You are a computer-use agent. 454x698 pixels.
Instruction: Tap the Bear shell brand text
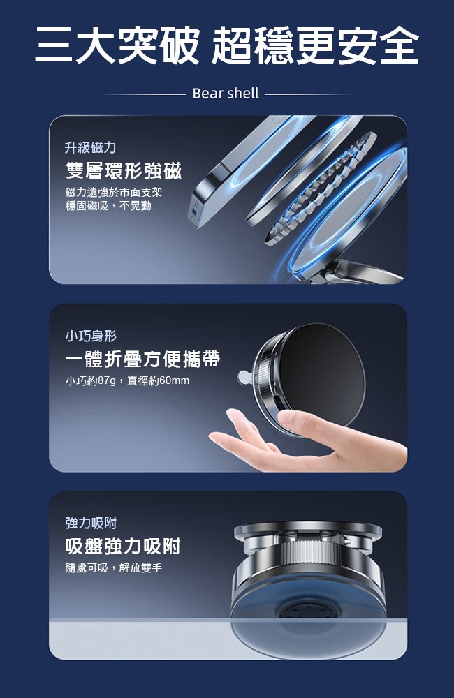point(225,93)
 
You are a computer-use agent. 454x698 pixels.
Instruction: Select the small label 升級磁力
point(90,147)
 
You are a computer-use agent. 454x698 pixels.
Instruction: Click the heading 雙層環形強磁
point(123,170)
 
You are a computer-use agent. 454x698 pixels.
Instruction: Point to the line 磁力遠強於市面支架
point(113,192)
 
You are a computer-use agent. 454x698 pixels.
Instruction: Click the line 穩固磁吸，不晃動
point(108,206)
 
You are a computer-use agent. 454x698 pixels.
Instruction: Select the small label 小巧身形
point(90,336)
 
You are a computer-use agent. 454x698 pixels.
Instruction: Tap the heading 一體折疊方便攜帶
point(142,359)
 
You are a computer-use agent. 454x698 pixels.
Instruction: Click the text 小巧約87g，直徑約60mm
point(127,380)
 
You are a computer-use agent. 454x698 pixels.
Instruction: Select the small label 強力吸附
point(90,523)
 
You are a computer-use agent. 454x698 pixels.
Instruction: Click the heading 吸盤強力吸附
point(123,546)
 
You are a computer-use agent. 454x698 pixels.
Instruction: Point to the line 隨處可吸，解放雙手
point(113,567)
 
